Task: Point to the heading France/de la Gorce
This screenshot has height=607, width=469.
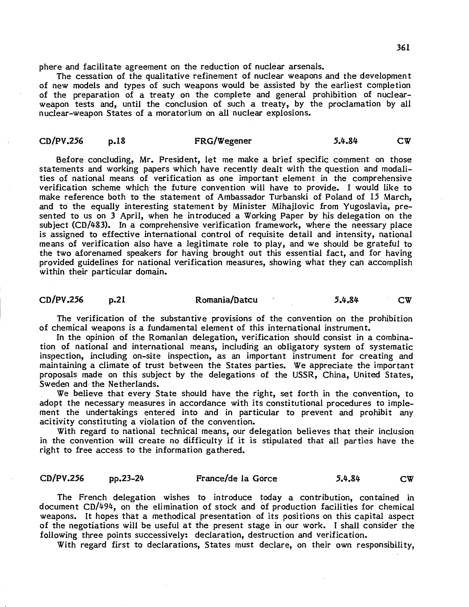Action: [237, 478]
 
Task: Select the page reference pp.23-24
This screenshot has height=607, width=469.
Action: [127, 478]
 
